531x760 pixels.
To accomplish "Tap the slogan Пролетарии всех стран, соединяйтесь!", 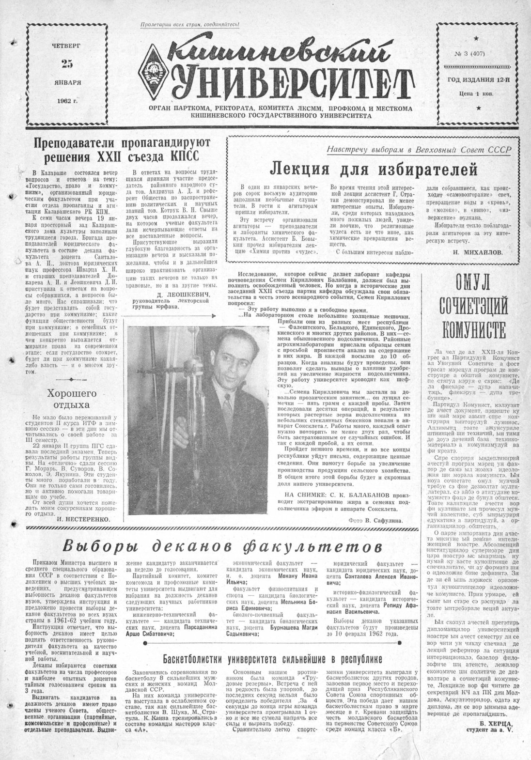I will [190, 24].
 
